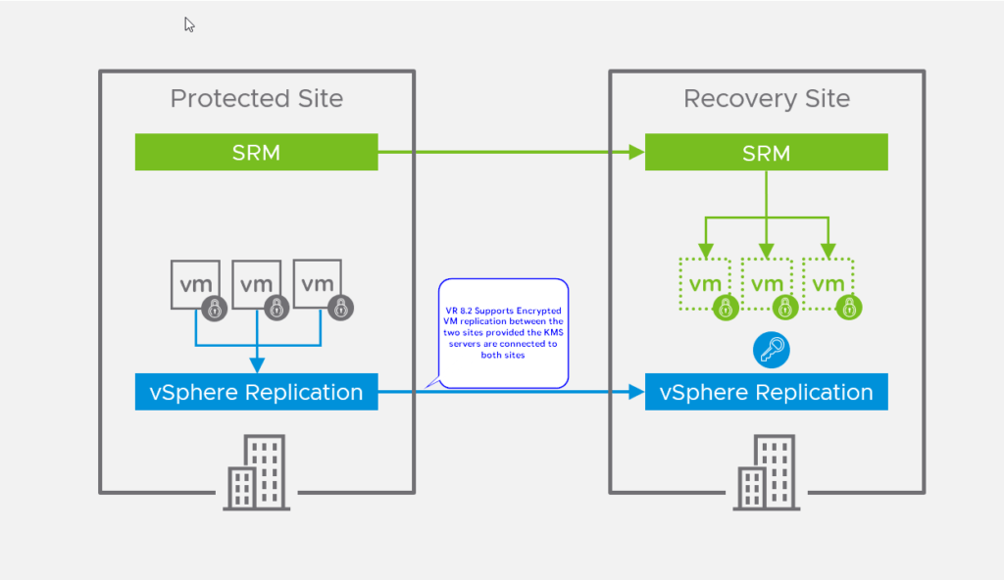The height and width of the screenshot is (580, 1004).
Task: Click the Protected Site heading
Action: point(257,99)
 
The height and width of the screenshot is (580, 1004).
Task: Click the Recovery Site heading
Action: point(767,99)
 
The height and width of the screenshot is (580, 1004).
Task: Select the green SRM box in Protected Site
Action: point(256,152)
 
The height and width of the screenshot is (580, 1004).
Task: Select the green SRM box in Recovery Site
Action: point(766,152)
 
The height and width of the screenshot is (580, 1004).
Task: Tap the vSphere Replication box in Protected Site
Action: point(256,392)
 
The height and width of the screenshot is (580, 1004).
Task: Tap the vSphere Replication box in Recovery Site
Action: point(766,392)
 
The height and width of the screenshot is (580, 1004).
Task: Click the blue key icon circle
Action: point(772,350)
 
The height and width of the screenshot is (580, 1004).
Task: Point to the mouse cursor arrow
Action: point(189,24)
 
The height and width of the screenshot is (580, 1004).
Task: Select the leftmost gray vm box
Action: point(195,285)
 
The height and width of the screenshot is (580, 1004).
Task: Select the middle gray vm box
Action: point(256,285)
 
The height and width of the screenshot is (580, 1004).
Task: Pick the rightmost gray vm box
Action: point(318,285)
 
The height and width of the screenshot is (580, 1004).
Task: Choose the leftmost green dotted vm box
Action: point(705,285)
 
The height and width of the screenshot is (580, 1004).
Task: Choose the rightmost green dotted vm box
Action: point(828,285)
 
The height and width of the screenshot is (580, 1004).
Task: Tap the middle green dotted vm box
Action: point(767,285)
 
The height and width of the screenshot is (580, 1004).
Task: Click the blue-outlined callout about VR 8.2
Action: point(504,333)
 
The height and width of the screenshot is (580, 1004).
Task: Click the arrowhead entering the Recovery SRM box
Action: point(637,152)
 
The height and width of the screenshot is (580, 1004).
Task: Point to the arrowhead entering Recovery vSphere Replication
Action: point(637,393)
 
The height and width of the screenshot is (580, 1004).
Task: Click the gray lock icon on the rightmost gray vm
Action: point(340,308)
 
